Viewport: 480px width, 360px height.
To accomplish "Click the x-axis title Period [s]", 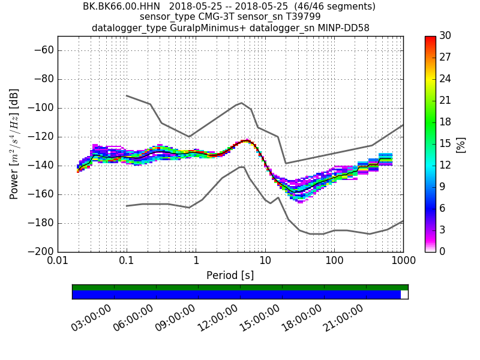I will [x=230, y=275].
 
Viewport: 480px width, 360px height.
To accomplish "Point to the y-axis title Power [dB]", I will [x=14, y=144].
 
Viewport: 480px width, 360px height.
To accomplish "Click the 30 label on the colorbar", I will [x=445, y=36].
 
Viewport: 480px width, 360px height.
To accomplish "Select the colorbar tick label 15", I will [x=445, y=143].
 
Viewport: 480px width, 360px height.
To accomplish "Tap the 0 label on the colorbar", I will [x=442, y=251].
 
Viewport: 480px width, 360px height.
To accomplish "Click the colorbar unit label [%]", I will [x=461, y=144].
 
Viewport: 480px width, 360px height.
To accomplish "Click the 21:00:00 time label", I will [x=343, y=318].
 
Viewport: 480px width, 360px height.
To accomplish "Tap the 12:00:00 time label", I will [x=217, y=318].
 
